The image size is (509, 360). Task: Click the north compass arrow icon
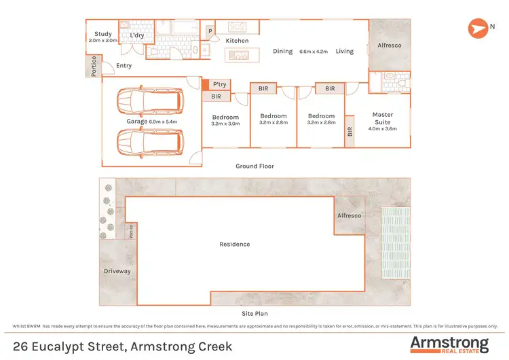click(477, 28)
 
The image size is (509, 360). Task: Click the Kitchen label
click(237, 41)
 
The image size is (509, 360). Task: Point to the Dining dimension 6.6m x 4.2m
click(313, 51)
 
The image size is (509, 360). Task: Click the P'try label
click(219, 84)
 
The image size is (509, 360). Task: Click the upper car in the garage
click(149, 101)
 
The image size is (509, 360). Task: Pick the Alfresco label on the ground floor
click(389, 46)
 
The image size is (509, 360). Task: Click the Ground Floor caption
click(254, 166)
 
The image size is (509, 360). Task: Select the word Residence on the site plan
click(234, 244)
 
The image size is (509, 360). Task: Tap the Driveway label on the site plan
click(117, 271)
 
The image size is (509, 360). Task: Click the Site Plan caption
click(254, 314)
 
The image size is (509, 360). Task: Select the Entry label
click(124, 66)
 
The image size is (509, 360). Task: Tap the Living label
click(344, 51)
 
